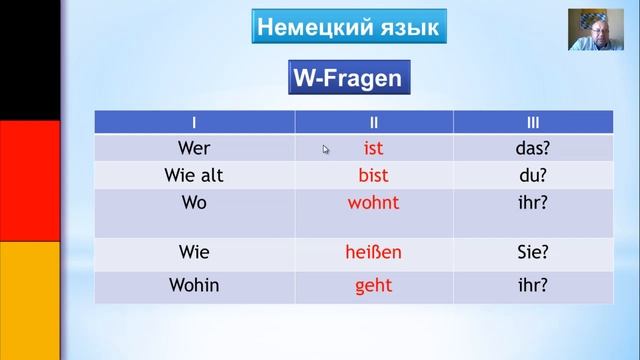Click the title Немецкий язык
pyautogui.click(x=349, y=27)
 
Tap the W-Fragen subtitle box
pyautogui.click(x=349, y=78)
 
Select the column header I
pyautogui.click(x=194, y=122)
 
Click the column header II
pyautogui.click(x=373, y=122)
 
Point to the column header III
pyautogui.click(x=533, y=122)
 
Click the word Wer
pyautogui.click(x=194, y=148)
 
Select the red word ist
pyautogui.click(x=373, y=148)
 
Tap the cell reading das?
pyautogui.click(x=533, y=148)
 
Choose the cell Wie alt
pyautogui.click(x=194, y=176)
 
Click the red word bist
pyautogui.click(x=373, y=176)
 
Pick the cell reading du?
pyautogui.click(x=533, y=176)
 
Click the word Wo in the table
pyautogui.click(x=194, y=202)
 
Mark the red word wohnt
pyautogui.click(x=373, y=202)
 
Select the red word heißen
pyautogui.click(x=373, y=252)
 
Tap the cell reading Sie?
pyautogui.click(x=533, y=252)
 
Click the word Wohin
pyautogui.click(x=194, y=285)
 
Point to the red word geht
pyautogui.click(x=373, y=286)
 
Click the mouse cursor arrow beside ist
pyautogui.click(x=325, y=149)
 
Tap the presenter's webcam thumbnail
pyautogui.click(x=596, y=30)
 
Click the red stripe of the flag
pyautogui.click(x=30, y=181)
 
